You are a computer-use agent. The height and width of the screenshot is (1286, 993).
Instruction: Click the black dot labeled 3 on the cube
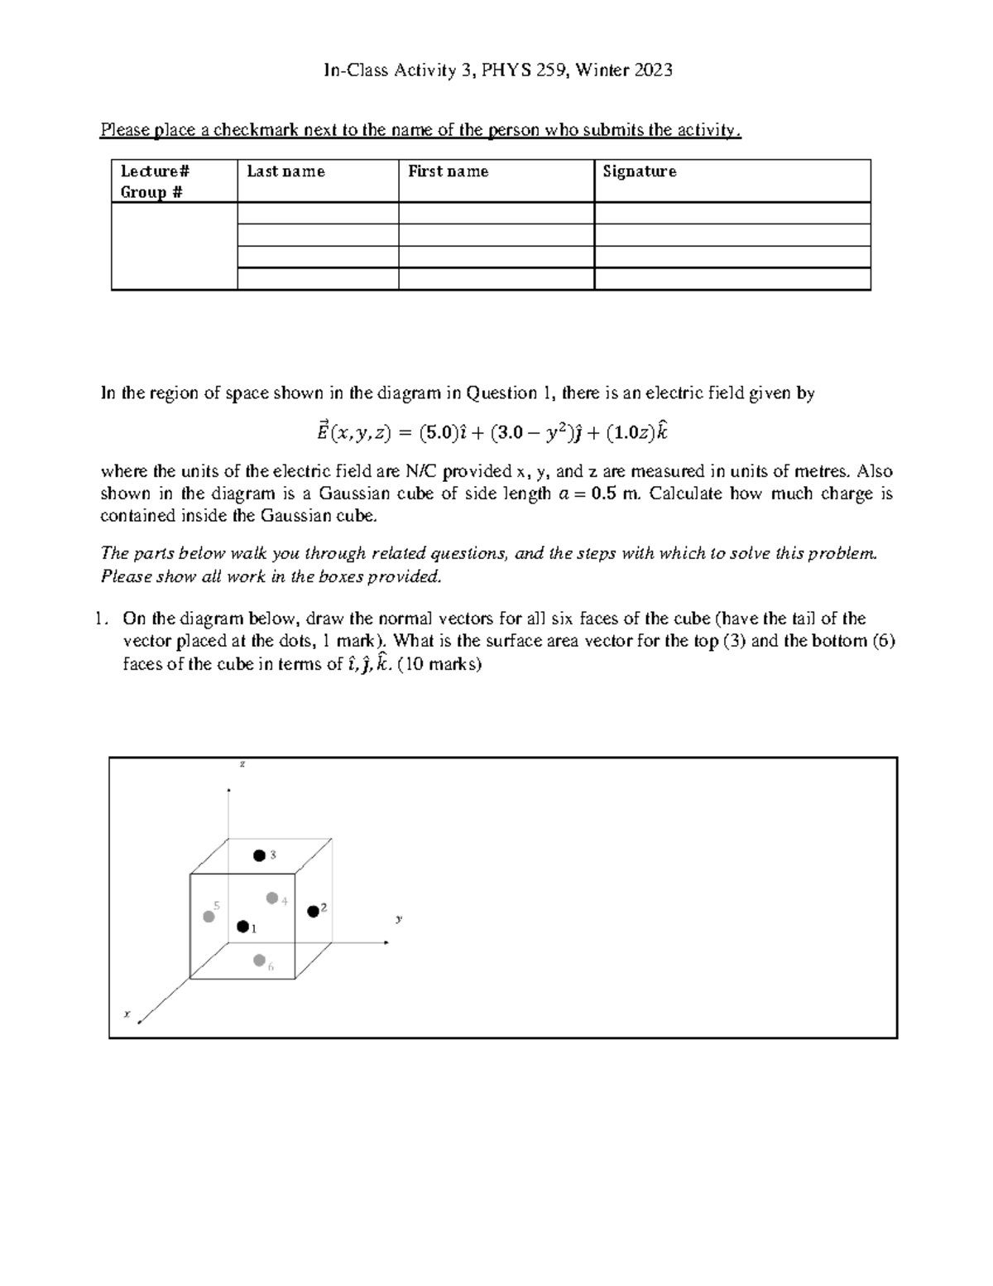pyautogui.click(x=260, y=855)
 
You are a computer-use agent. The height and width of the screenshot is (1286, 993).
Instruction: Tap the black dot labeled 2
pyautogui.click(x=313, y=911)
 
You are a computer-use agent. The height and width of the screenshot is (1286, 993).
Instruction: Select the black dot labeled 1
pyautogui.click(x=242, y=927)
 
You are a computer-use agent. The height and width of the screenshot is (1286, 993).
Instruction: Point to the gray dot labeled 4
pyautogui.click(x=271, y=898)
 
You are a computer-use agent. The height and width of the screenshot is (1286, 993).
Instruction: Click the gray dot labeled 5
pyautogui.click(x=209, y=916)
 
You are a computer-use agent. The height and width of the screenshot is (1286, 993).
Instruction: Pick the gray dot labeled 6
pyautogui.click(x=260, y=961)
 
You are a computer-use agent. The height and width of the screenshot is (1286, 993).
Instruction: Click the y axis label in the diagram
pyautogui.click(x=399, y=918)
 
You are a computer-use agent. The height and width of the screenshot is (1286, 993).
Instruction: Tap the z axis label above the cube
pyautogui.click(x=242, y=763)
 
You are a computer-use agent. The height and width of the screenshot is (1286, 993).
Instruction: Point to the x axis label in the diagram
pyautogui.click(x=127, y=1012)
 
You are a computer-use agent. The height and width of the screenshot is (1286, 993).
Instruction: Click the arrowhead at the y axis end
pyautogui.click(x=386, y=942)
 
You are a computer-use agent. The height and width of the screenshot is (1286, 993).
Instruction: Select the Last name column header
pyautogui.click(x=285, y=171)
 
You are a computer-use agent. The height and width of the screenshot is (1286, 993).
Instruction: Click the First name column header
pyautogui.click(x=448, y=171)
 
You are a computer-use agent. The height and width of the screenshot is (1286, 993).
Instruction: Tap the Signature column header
pyautogui.click(x=639, y=171)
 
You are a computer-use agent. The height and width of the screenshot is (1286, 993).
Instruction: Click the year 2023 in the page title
pyautogui.click(x=653, y=70)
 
